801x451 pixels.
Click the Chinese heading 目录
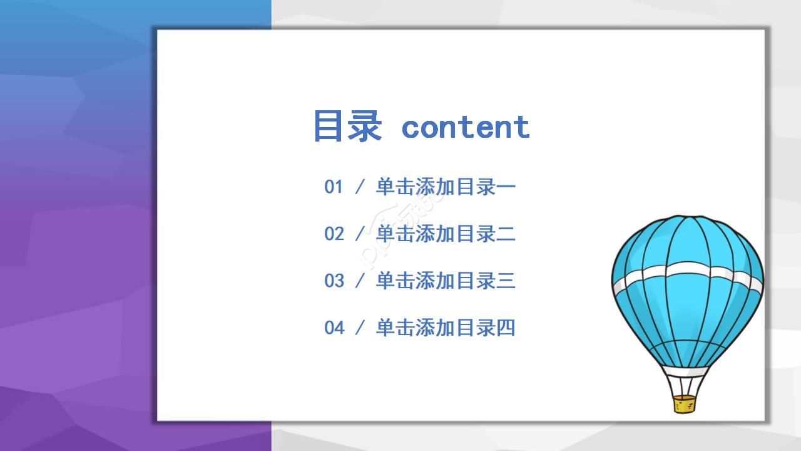tap(347, 126)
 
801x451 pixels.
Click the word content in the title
tap(466, 127)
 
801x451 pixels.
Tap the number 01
tap(334, 187)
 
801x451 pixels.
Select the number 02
tap(334, 234)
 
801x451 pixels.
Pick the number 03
tap(334, 281)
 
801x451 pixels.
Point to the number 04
tap(334, 328)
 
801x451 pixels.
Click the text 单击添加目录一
tap(445, 187)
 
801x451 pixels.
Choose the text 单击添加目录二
tap(445, 234)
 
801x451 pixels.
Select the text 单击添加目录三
tap(445, 281)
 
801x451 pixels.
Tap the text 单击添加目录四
tap(445, 328)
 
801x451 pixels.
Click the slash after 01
tap(360, 187)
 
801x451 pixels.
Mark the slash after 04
tap(360, 328)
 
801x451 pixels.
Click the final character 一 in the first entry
tap(506, 187)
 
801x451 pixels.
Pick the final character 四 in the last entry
tap(506, 328)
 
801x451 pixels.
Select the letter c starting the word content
tap(410, 128)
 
